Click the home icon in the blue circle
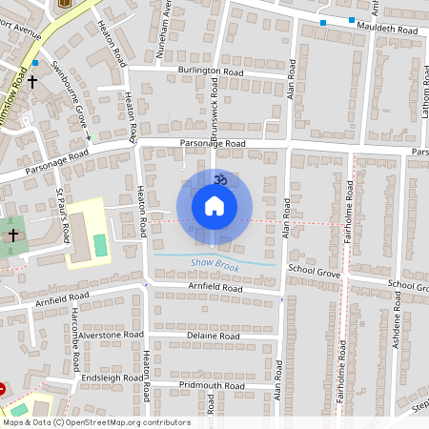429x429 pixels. point(214,206)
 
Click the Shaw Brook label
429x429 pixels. point(214,261)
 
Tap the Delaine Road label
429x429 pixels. point(214,337)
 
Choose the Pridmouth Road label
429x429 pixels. point(212,386)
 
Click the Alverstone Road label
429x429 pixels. point(112,336)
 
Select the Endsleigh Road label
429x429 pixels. point(112,377)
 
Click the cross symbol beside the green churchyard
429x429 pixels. point(13,234)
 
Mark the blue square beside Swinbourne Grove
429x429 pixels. point(35,63)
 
